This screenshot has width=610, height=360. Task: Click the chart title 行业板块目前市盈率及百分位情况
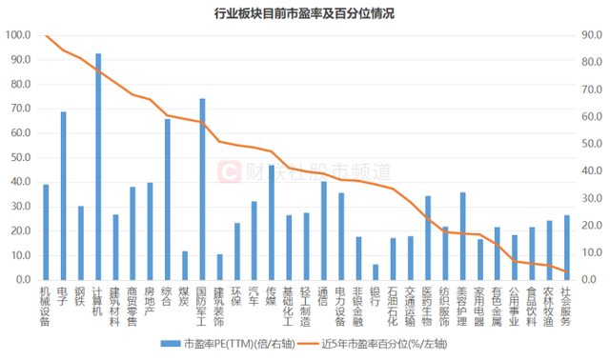[x=305, y=13]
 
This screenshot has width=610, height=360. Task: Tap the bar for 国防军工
[x=202, y=190]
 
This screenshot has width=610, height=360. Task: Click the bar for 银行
[x=376, y=272]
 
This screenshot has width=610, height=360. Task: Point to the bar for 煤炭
[x=185, y=266]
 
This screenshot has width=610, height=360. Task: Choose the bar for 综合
[x=168, y=200]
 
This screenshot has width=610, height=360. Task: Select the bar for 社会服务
[x=566, y=248]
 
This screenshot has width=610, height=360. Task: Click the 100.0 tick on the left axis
[x=19, y=35]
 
